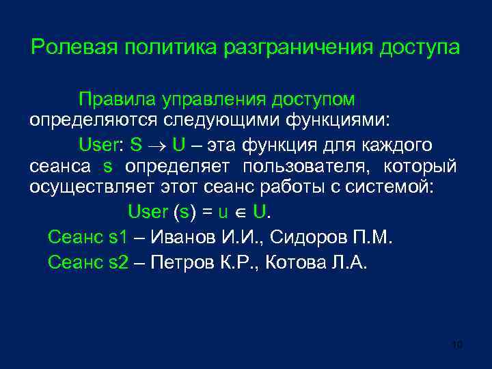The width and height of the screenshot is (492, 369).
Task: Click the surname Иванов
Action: (x=180, y=238)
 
